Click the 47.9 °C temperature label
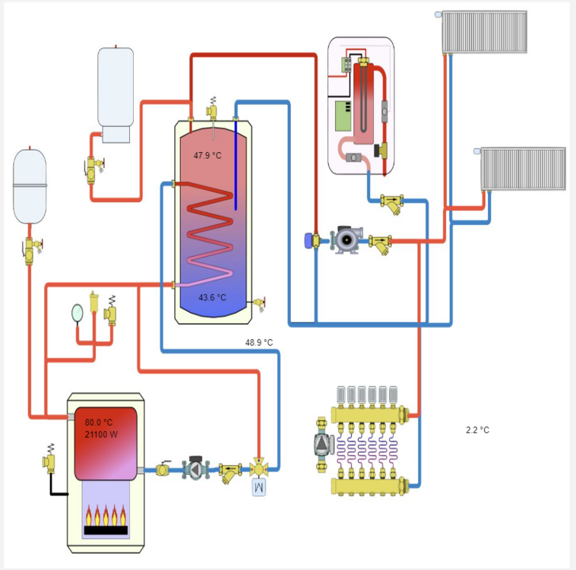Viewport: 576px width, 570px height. pyautogui.click(x=207, y=155)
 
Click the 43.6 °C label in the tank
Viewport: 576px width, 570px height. pyautogui.click(x=211, y=297)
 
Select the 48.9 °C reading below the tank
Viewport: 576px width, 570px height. pyautogui.click(x=258, y=343)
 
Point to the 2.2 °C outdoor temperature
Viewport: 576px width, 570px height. pyautogui.click(x=477, y=430)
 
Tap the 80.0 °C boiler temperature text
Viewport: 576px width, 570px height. pyautogui.click(x=99, y=423)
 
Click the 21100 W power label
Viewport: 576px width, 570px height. pyautogui.click(x=101, y=435)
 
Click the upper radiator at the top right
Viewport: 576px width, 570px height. pyautogui.click(x=485, y=32)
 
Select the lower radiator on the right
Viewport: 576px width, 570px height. pyautogui.click(x=523, y=168)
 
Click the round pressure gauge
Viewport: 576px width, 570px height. pyautogui.click(x=78, y=311)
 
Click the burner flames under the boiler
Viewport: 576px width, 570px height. pyautogui.click(x=105, y=517)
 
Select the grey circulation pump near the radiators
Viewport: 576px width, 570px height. pyautogui.click(x=345, y=241)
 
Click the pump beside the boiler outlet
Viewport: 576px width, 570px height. pyautogui.click(x=195, y=470)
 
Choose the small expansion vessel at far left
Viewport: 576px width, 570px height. pyautogui.click(x=30, y=185)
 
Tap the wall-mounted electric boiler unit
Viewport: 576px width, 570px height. pyautogui.click(x=361, y=105)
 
